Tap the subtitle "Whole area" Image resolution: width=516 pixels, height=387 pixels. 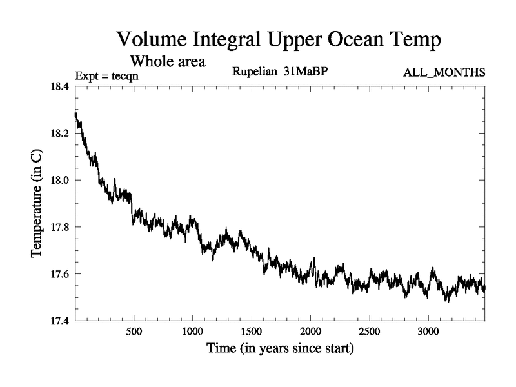click(x=168, y=62)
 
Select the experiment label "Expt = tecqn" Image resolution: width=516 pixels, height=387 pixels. click(x=107, y=75)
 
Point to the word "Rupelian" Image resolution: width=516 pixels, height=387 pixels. click(x=255, y=72)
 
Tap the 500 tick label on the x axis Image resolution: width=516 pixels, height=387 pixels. click(x=134, y=332)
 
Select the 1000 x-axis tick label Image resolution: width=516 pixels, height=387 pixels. click(x=192, y=332)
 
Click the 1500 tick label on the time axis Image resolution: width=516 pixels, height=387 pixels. click(x=252, y=332)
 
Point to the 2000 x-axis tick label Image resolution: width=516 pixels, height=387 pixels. click(x=310, y=332)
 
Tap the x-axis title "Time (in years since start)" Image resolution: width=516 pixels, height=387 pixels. click(x=280, y=350)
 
